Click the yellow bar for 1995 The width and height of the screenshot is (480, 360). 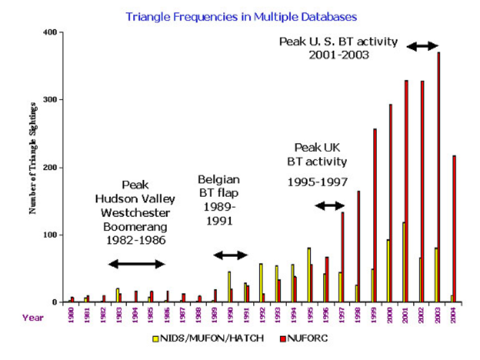click(309, 275)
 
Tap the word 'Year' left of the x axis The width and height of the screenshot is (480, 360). click(32, 317)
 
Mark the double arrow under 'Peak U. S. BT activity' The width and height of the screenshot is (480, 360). click(422, 46)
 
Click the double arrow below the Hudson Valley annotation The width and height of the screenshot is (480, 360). click(136, 263)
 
